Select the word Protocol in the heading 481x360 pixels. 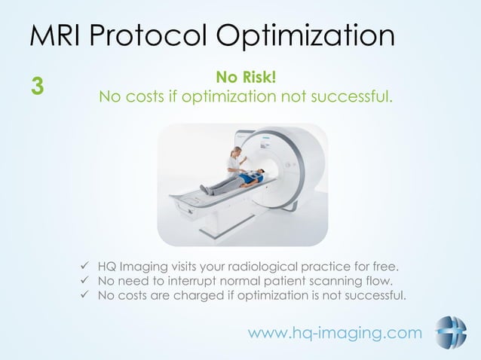[x=154, y=37]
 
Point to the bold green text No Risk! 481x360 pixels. [x=246, y=77]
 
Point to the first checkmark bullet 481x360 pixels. [x=84, y=266]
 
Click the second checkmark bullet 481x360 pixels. [x=84, y=281]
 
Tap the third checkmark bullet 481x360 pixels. [x=84, y=295]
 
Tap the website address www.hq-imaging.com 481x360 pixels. [x=335, y=332]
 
